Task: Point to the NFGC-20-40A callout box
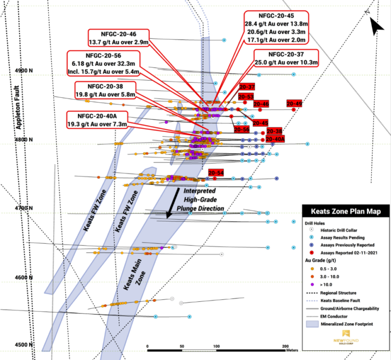(x=98, y=120)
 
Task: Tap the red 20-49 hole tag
(x=294, y=103)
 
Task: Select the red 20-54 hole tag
(x=216, y=173)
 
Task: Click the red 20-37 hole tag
(x=247, y=87)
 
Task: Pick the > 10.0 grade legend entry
(x=326, y=284)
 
